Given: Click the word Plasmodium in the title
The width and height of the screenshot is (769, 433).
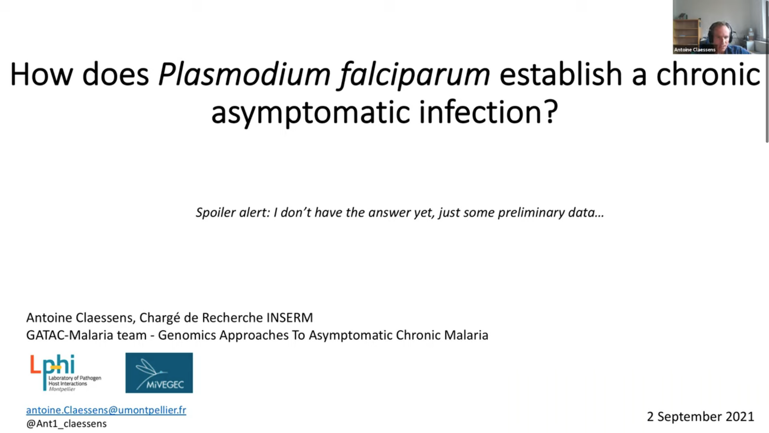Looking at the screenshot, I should coord(244,75).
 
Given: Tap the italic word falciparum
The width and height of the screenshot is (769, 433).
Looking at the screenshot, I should coord(415,75).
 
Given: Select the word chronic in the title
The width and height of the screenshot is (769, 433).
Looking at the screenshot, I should coord(708,75).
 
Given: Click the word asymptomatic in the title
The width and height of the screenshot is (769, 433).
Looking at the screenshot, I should coord(310,112).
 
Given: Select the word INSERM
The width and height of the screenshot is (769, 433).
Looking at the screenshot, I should coord(290,318).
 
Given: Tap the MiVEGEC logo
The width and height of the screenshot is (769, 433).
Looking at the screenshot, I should coord(159,373).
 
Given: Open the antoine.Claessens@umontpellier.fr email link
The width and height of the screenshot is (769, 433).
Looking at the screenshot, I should coord(106,410).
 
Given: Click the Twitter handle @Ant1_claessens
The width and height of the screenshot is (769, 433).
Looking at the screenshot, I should coord(66,424).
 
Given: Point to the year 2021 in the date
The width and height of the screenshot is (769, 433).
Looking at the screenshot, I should coord(740,417).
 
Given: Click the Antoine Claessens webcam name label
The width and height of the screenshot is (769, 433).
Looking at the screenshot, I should coord(695,50).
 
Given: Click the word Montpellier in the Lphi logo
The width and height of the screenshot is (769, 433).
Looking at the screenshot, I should coord(62,389).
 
